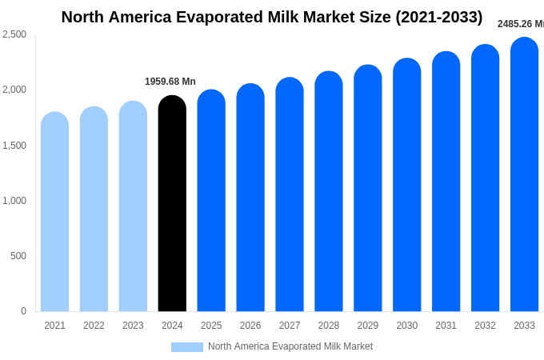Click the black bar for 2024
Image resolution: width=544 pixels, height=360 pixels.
click(172, 204)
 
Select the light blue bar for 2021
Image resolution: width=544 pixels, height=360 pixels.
click(54, 212)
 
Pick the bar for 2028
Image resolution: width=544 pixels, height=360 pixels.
click(328, 192)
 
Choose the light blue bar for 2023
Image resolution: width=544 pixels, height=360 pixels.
click(133, 206)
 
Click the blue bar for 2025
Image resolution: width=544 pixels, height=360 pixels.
click(211, 201)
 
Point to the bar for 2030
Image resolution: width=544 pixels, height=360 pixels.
click(406, 186)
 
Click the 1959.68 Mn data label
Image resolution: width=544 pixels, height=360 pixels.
click(170, 82)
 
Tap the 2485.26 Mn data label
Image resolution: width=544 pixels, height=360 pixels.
click(520, 24)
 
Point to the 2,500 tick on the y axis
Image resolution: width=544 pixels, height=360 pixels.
click(14, 34)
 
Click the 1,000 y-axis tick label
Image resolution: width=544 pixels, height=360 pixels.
click(14, 201)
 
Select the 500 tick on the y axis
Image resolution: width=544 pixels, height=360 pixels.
click(18, 256)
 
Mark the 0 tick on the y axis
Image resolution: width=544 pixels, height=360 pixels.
click(23, 311)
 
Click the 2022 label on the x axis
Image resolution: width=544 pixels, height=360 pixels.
click(94, 326)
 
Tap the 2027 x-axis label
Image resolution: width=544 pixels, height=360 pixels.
click(290, 326)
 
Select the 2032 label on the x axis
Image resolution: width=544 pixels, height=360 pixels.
click(485, 326)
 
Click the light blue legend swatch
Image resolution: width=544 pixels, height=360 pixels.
click(186, 347)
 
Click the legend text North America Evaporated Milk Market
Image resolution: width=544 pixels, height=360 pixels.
click(290, 346)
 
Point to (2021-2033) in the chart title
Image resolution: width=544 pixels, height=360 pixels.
click(439, 17)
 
